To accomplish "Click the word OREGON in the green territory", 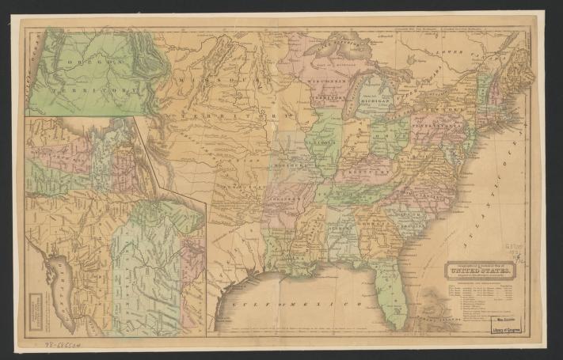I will (86, 62).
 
